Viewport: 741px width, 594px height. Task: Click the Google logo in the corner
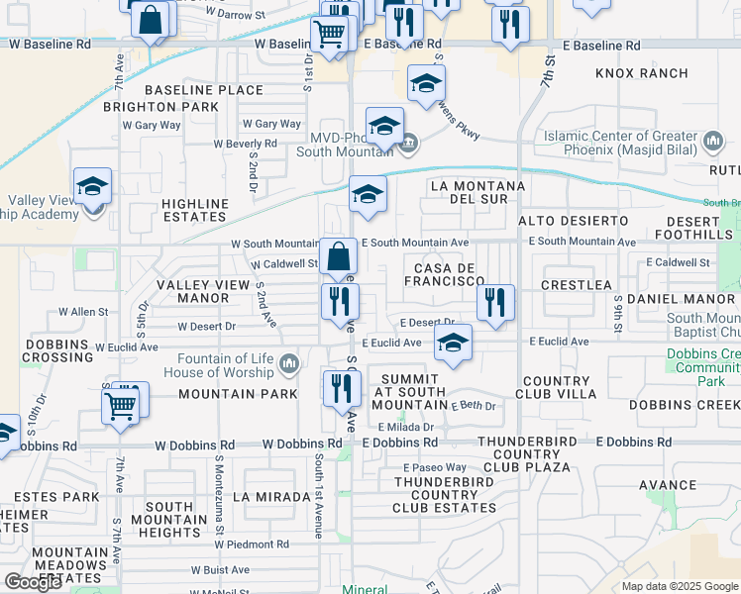32,582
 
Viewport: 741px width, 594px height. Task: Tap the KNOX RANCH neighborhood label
642,73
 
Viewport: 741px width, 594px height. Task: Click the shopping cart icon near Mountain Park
121,405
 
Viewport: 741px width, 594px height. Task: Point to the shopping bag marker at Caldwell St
338,256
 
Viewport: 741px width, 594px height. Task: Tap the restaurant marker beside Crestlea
495,302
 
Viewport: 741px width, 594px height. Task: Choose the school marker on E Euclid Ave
453,344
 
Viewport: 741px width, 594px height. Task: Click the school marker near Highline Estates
92,187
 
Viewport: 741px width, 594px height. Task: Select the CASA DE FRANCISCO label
440,274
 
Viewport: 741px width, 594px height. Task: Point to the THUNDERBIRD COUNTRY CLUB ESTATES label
444,495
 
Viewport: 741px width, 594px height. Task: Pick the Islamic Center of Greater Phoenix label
621,144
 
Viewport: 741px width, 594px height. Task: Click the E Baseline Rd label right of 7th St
600,46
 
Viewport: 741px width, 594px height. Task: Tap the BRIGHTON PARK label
174,107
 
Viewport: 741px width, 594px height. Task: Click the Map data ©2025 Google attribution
679,586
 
